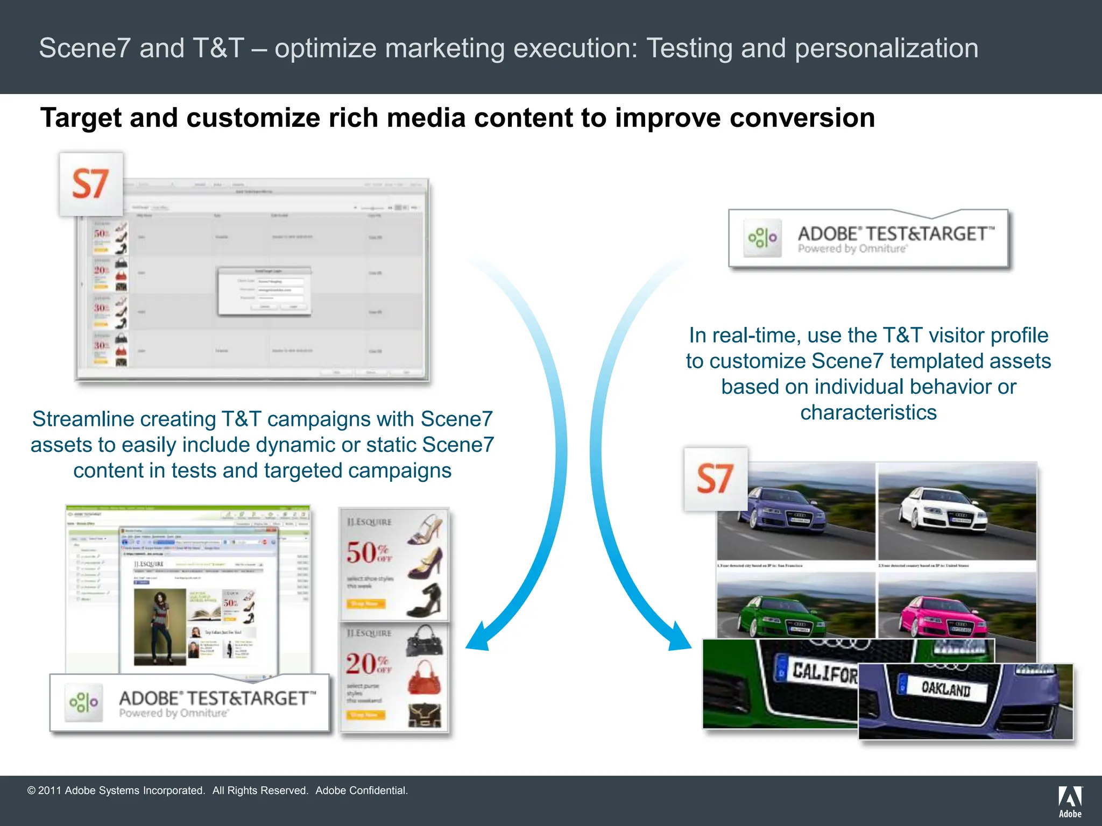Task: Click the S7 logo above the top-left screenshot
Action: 91,184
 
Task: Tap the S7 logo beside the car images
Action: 715,479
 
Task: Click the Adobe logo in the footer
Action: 1070,801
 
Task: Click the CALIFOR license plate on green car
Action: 823,672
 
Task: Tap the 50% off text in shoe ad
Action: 369,553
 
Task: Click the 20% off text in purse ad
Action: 369,664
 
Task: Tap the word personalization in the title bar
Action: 886,48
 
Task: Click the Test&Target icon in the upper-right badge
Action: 762,237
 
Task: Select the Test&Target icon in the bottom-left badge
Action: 83,702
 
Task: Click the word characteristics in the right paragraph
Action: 868,412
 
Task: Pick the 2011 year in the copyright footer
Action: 50,791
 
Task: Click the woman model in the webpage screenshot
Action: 160,626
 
